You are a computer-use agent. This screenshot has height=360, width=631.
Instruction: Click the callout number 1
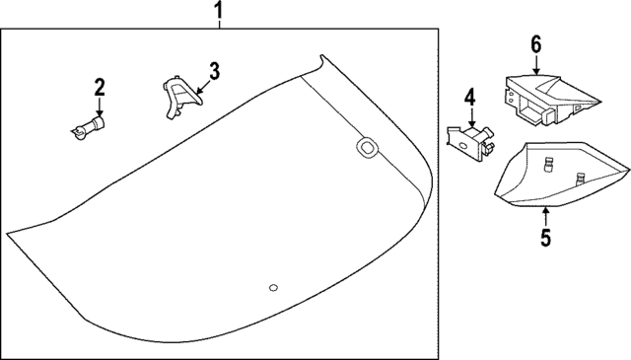pyautogui.click(x=218, y=10)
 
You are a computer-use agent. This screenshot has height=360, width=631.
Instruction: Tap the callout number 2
pyautogui.click(x=100, y=88)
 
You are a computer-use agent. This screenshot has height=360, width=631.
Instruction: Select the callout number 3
pyautogui.click(x=214, y=71)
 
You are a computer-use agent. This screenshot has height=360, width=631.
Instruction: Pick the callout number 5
pyautogui.click(x=545, y=238)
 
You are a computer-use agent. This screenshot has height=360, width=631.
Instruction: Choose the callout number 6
pyautogui.click(x=536, y=44)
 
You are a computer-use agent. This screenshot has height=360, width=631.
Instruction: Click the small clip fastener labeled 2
pyautogui.click(x=88, y=127)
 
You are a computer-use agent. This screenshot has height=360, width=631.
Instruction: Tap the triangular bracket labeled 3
pyautogui.click(x=181, y=97)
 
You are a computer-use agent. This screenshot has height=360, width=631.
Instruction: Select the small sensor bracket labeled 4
pyautogui.click(x=470, y=143)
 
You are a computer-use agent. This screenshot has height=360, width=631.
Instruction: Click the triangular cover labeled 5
pyautogui.click(x=561, y=174)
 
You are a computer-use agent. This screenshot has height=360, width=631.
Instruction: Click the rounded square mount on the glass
pyautogui.click(x=368, y=147)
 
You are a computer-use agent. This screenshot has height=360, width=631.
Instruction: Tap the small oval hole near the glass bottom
pyautogui.click(x=273, y=288)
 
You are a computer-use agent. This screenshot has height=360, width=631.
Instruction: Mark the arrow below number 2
pyautogui.click(x=100, y=108)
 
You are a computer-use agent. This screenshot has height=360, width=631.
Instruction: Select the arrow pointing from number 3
pyautogui.click(x=203, y=86)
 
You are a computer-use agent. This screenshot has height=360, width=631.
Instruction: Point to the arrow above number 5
pyautogui.click(x=545, y=217)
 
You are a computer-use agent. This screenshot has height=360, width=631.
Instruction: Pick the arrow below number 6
pyautogui.click(x=536, y=64)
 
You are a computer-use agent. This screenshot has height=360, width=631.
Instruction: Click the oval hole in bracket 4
pyautogui.click(x=462, y=146)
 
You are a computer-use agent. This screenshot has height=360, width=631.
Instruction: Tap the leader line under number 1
pyautogui.click(x=219, y=24)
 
